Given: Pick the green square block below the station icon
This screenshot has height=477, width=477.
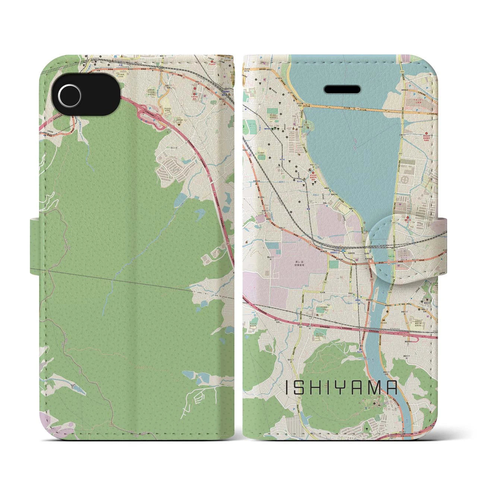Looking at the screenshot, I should click(x=334, y=264).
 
